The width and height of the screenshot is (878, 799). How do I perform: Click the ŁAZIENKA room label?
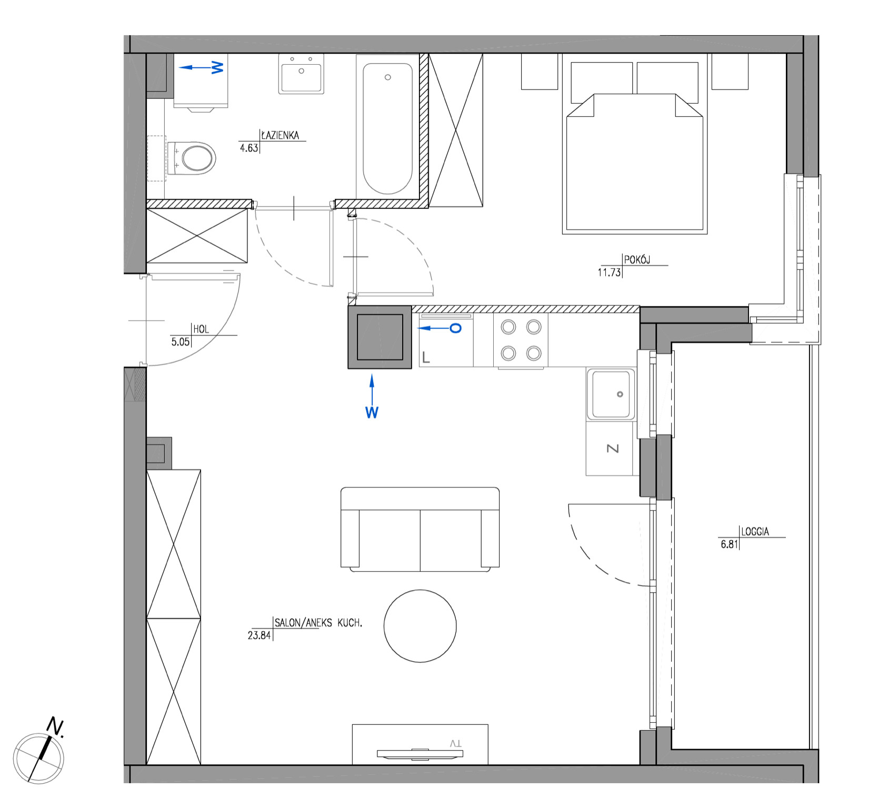(x=280, y=135)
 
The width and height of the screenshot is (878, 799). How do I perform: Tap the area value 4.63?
(x=249, y=148)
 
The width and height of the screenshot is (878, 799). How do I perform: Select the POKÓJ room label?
(x=637, y=259)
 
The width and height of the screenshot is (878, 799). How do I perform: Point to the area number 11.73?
(x=609, y=272)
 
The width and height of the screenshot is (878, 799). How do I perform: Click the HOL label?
(x=201, y=329)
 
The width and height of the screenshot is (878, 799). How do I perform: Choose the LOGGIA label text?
(x=755, y=531)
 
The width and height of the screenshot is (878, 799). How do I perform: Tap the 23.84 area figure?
(x=259, y=635)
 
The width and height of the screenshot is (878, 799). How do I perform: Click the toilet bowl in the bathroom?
(x=192, y=157)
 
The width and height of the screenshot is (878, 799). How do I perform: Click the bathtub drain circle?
(x=388, y=77)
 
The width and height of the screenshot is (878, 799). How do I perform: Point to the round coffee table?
(x=420, y=626)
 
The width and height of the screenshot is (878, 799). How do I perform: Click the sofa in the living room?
(x=420, y=529)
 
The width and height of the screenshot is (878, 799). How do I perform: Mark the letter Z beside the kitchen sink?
(x=613, y=448)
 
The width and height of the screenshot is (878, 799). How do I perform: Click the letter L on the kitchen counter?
(x=426, y=358)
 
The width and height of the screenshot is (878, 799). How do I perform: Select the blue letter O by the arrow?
(x=456, y=328)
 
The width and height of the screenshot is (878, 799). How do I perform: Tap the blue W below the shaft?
(x=372, y=413)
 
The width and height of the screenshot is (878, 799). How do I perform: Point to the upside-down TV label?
(x=456, y=743)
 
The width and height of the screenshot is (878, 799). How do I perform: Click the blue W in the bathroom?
(x=217, y=67)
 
